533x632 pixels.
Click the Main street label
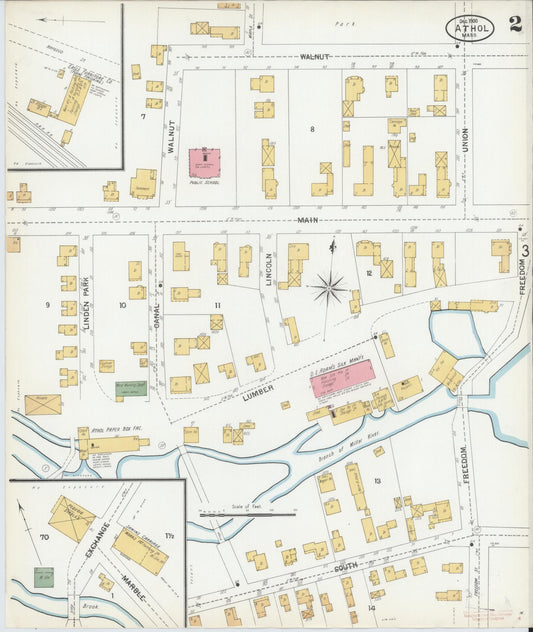(x=306, y=219)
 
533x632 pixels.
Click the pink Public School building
(x=204, y=161)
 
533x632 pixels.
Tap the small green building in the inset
(x=43, y=577)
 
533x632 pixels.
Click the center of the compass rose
(x=328, y=289)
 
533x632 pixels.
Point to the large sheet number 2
(x=514, y=24)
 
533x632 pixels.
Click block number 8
(x=312, y=129)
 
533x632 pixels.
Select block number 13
(x=377, y=482)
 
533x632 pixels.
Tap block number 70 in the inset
(x=43, y=538)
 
